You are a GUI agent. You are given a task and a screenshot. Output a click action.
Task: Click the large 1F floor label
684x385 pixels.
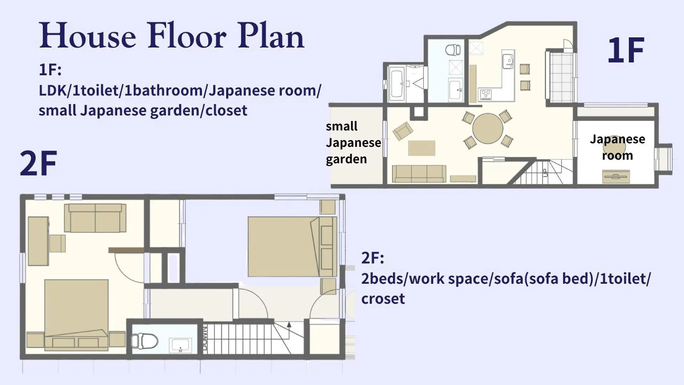[x=626, y=50]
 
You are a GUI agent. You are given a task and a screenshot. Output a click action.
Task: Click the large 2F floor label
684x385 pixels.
[x=38, y=163]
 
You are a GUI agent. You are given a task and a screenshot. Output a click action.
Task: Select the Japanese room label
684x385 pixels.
[x=617, y=147]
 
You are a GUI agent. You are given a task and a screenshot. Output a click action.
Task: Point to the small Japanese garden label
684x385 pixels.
[x=353, y=142]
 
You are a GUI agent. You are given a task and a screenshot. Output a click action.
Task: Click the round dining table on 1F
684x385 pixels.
[x=488, y=128]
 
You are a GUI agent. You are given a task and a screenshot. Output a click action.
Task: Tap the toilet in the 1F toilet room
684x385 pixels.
[x=453, y=50]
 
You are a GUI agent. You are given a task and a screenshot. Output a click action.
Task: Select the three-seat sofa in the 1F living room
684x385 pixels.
[x=419, y=174]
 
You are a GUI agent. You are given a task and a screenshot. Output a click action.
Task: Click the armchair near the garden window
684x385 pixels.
[x=403, y=131]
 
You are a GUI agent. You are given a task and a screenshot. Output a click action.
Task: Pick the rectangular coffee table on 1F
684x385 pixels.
[x=421, y=148]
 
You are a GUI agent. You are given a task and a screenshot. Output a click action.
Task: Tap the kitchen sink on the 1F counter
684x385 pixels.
[x=508, y=61]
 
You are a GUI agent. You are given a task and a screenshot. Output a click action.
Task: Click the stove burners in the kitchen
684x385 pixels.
[x=485, y=94]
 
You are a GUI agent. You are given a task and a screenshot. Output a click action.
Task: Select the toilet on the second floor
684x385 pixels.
[x=144, y=341]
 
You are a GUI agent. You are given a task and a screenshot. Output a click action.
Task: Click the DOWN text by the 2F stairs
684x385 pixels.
[x=205, y=338]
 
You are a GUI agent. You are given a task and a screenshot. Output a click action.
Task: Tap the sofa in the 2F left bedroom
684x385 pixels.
[x=95, y=218]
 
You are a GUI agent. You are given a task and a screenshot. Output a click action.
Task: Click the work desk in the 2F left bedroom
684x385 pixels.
[x=38, y=241]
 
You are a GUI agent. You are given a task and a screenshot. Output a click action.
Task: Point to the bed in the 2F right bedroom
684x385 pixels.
[x=292, y=246]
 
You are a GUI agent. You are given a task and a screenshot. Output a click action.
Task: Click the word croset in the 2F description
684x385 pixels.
[x=383, y=299]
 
